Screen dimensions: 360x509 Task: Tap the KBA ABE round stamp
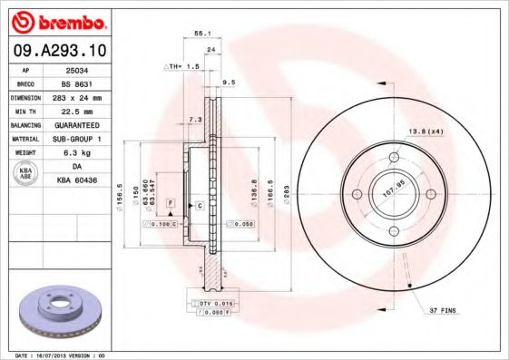point(25,174)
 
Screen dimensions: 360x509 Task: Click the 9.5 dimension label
point(229,83)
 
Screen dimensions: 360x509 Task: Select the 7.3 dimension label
point(193,119)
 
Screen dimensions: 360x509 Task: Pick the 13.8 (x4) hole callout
point(424,132)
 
